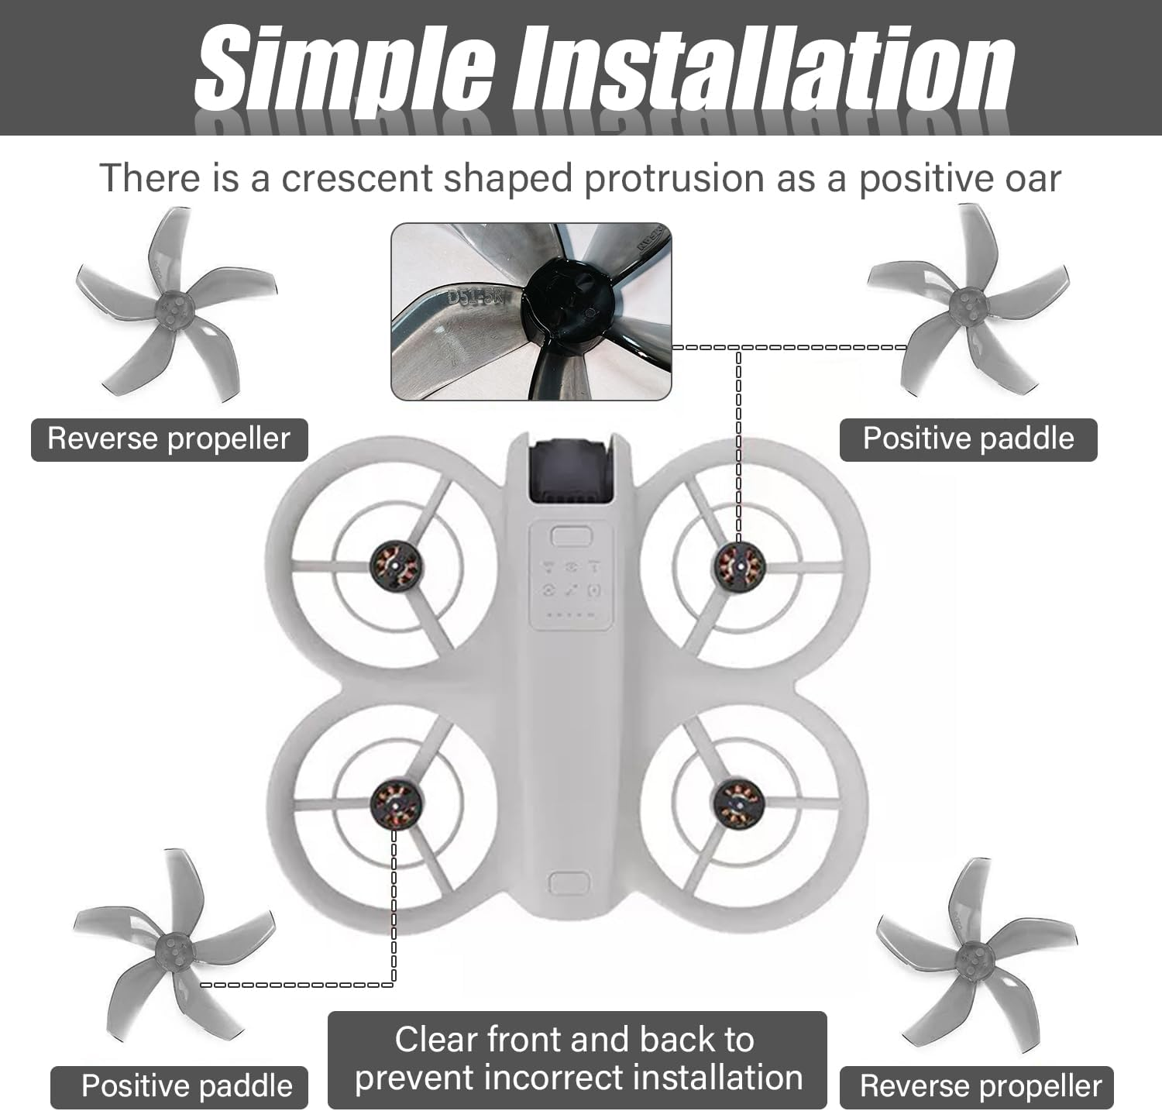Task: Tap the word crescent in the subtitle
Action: point(356,178)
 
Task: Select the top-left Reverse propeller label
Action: point(169,439)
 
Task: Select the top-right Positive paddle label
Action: point(968,439)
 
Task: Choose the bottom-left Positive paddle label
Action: point(187,1086)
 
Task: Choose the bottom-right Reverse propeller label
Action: point(980,1086)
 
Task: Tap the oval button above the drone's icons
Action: point(571,536)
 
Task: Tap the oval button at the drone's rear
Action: point(569,882)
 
